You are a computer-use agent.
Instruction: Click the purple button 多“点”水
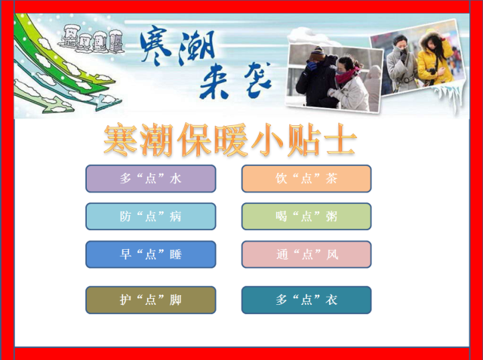151,179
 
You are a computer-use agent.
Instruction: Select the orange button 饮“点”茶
306,179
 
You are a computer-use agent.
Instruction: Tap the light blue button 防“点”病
151,217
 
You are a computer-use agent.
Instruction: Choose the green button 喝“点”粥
306,217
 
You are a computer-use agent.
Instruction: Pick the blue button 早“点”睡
151,254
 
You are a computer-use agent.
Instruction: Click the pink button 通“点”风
306,254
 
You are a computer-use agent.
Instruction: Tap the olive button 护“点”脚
151,300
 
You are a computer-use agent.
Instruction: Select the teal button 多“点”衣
306,300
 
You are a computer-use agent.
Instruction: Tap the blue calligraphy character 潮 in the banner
196,47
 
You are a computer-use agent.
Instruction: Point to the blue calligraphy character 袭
258,79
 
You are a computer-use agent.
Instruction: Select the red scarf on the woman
347,75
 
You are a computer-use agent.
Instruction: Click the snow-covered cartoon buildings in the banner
91,39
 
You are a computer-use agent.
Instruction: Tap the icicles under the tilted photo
449,95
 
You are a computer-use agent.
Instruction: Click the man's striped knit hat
317,54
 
